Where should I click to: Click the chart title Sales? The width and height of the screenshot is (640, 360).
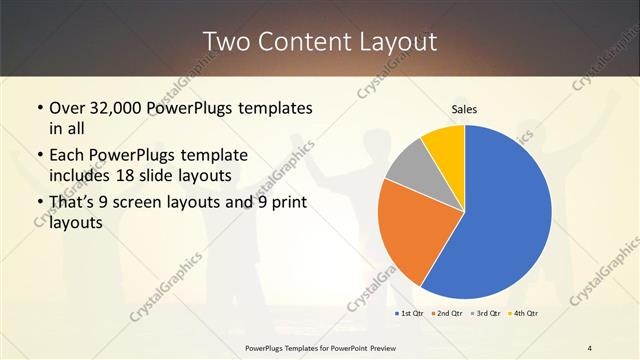point(464,108)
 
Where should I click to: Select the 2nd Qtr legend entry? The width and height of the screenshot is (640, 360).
point(447,314)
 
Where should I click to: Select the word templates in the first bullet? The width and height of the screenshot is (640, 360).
point(273,107)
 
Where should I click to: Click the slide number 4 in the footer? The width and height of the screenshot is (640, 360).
point(590,347)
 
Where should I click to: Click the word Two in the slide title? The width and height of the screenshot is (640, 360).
point(227,41)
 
